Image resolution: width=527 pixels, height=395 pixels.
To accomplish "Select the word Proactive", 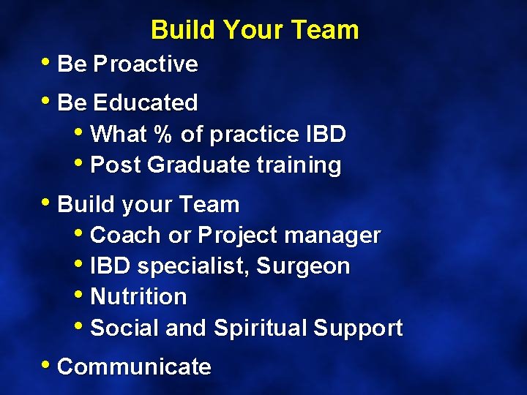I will (146, 64).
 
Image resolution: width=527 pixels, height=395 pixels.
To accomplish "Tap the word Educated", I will (146, 103).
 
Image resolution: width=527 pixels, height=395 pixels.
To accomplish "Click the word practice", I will (255, 135).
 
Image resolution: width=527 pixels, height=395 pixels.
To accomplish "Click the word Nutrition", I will (138, 297).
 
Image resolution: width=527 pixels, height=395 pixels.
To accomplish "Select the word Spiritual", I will (260, 328).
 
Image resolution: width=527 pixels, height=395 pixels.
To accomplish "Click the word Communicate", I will (134, 366).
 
